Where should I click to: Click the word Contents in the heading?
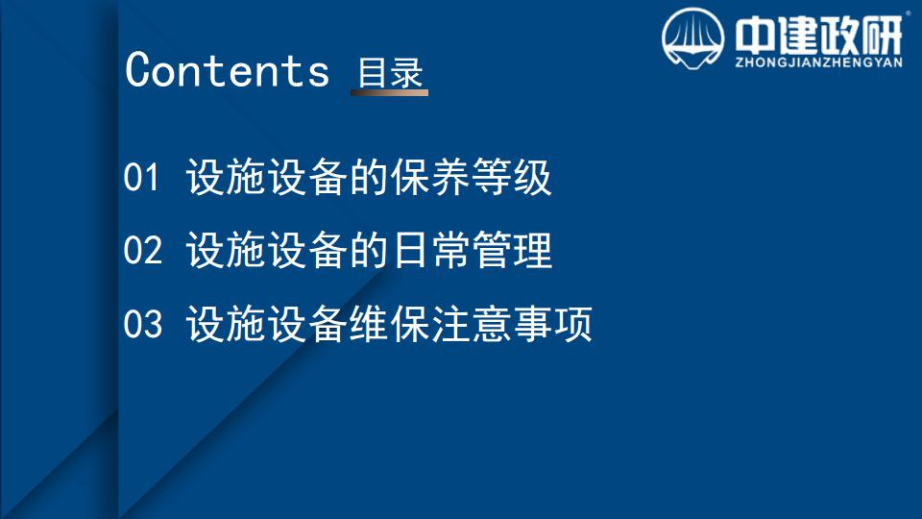click(x=228, y=69)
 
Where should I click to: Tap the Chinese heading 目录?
click(x=391, y=73)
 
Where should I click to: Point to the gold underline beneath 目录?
click(x=389, y=92)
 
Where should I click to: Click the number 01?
click(x=141, y=177)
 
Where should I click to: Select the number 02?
click(x=143, y=250)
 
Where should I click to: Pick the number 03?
click(x=143, y=323)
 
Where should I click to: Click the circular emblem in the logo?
click(x=692, y=38)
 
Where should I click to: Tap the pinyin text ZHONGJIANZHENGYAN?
click(x=818, y=62)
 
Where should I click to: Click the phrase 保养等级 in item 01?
click(x=471, y=177)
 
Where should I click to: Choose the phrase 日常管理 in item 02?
click(x=472, y=250)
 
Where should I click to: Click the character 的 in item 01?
click(x=369, y=177)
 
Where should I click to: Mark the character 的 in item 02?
click(x=369, y=250)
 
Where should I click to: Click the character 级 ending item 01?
click(x=533, y=177)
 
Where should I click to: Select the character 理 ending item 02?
click(x=533, y=250)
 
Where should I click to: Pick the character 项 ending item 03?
click(x=573, y=323)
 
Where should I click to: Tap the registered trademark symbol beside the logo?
click(x=908, y=12)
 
